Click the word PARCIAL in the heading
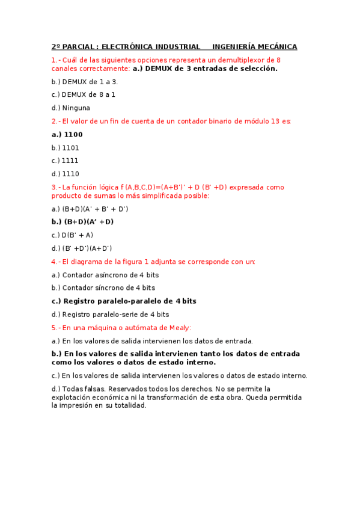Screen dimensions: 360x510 coord(79,47)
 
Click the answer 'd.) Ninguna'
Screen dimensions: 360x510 coord(71,108)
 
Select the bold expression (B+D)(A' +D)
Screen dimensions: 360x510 coord(89,222)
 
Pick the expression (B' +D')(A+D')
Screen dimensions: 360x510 coord(87,248)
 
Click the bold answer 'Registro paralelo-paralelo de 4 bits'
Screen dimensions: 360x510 coord(130,301)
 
